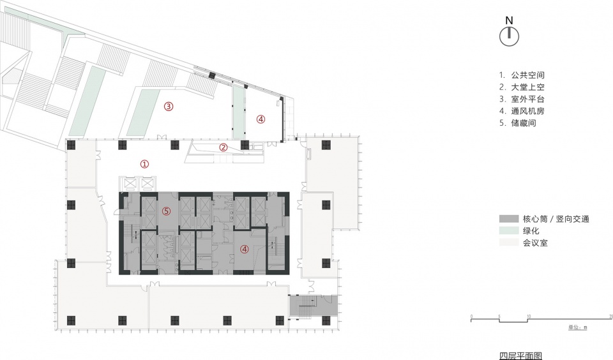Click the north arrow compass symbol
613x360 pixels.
pos(509,37)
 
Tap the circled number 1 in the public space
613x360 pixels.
pos(145,164)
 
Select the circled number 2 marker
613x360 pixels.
pos(223,147)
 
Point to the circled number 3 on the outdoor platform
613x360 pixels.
pos(169,107)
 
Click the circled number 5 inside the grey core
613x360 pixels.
pos(167,211)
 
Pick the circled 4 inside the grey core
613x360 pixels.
pos(245,249)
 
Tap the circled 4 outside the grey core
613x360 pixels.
pos(261,119)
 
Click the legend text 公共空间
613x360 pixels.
pos(528,75)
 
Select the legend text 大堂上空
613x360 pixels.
pos(528,87)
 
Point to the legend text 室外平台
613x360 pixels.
pos(528,100)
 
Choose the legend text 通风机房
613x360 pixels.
pos(528,111)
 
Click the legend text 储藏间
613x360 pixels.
pos(524,123)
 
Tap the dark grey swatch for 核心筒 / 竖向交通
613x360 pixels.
pos(509,219)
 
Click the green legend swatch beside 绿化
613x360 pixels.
pos(509,230)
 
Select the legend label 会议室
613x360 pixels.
pos(535,243)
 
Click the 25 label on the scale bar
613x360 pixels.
pos(610,317)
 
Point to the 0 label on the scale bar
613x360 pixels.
pos(471,317)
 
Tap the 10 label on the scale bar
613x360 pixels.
pos(529,317)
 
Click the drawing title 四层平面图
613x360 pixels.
pos(521,356)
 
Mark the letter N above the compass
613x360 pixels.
pos(509,20)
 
